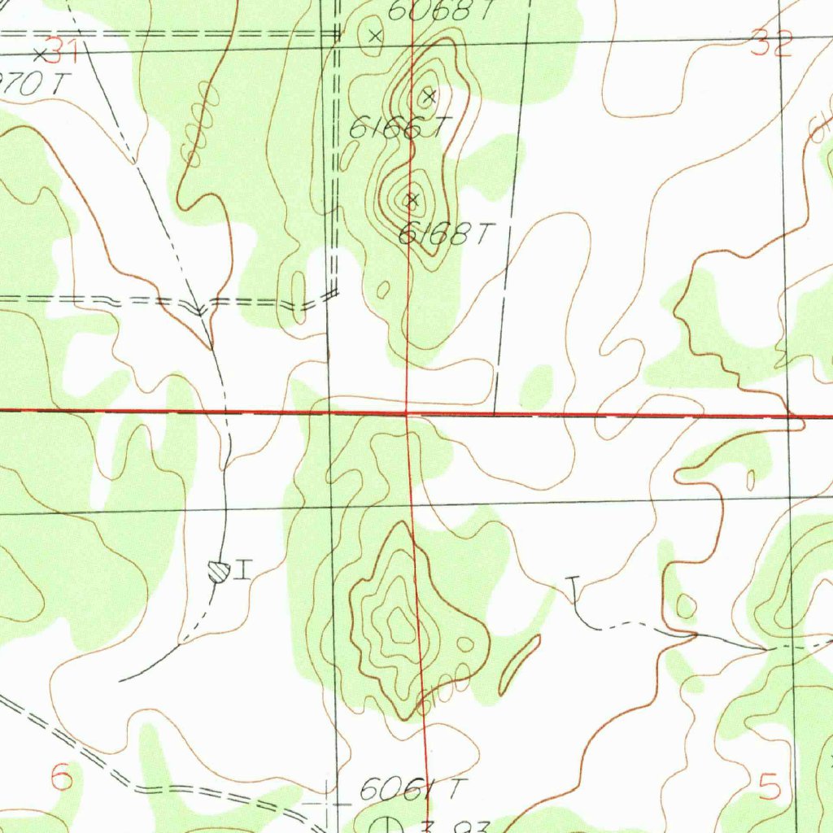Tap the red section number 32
coord(770,46)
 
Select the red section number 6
coord(62,777)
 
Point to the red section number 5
coord(770,787)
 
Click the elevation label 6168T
coord(446,235)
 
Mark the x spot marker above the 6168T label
coord(412,199)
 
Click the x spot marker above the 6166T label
coord(430,97)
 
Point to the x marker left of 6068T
coord(375,35)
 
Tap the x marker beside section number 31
coord(40,54)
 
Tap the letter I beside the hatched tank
coord(242,570)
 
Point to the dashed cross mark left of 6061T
coord(328,801)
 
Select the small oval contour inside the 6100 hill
coord(465,644)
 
